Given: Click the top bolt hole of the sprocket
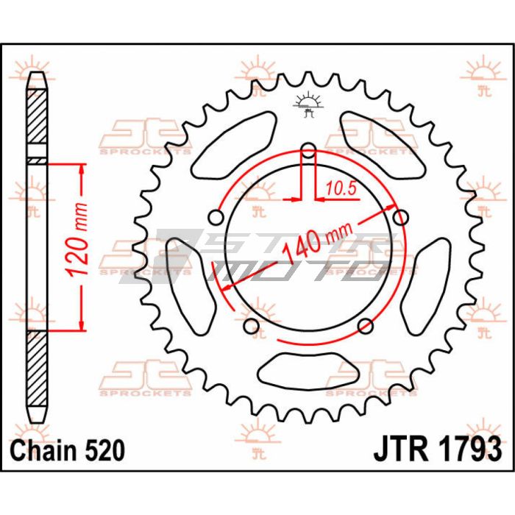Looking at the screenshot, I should click(309, 153).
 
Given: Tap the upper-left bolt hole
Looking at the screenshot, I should click(216, 218).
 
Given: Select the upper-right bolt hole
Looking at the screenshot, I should click(401, 218).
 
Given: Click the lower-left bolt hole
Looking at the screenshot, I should click(251, 326).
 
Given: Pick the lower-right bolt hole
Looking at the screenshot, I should click(366, 326).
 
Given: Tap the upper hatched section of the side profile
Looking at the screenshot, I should click(37, 122).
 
